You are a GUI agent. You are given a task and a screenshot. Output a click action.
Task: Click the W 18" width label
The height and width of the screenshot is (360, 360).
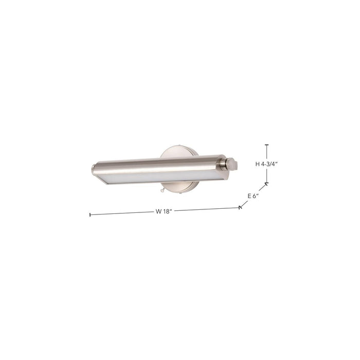coord(164,211)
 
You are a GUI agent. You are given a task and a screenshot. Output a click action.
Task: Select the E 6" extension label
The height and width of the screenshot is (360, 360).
coord(253,196)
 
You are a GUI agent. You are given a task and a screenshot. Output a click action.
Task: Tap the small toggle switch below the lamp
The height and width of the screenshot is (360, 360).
coord(161,190)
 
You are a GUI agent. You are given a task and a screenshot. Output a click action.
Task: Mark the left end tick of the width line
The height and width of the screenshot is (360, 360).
coord(90,214)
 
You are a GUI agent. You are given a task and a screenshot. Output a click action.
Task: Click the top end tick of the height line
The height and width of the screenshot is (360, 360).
coord(266,146)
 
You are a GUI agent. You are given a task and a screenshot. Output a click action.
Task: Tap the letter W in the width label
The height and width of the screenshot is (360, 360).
coord(157,211)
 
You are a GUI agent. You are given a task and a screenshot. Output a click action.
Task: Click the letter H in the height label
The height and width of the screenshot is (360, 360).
coord(258,165)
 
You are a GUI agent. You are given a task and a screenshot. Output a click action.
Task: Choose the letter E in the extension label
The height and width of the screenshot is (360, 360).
coord(249,196)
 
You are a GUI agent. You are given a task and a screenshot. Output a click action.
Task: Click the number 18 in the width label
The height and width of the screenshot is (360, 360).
coord(166,211)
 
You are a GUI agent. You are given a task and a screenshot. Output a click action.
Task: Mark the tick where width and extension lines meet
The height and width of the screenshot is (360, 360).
coord(240,208)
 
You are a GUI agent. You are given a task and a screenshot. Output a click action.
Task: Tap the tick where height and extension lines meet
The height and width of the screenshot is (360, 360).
coord(266,184)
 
